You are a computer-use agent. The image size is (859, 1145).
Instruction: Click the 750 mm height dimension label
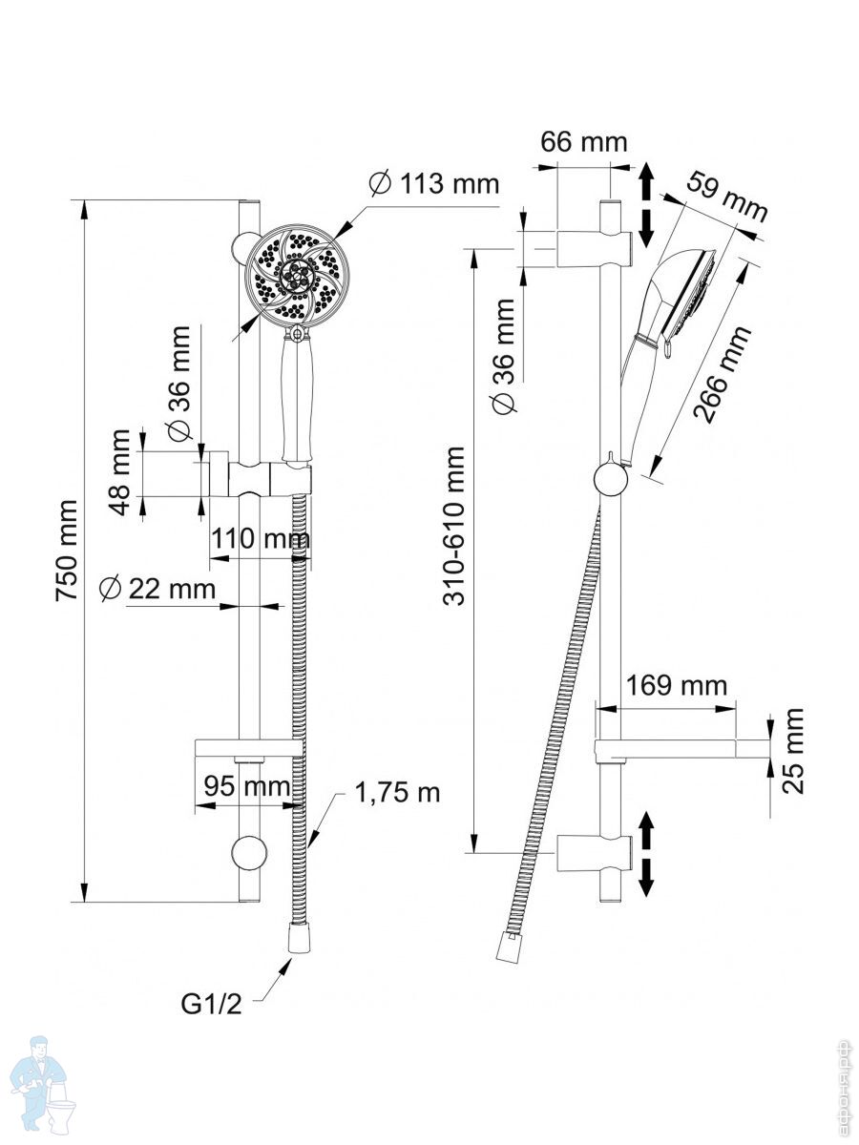[66, 550]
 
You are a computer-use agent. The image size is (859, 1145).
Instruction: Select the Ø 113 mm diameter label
[435, 182]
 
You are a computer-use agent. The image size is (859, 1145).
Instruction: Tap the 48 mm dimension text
[119, 472]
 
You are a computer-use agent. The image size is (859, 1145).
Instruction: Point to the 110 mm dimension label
[260, 539]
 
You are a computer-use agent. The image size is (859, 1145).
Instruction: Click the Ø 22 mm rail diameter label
[158, 589]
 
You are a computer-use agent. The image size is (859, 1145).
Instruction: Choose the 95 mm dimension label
[247, 787]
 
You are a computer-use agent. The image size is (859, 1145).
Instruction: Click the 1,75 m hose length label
[398, 792]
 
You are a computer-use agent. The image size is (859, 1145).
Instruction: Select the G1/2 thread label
[212, 1004]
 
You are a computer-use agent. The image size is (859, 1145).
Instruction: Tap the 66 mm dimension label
[584, 142]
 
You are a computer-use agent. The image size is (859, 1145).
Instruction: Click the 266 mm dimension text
[723, 374]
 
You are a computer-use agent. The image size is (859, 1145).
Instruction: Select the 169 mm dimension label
[677, 685]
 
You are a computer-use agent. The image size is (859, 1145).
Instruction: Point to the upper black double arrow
[646, 202]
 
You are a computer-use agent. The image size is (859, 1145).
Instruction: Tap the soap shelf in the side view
[682, 749]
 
